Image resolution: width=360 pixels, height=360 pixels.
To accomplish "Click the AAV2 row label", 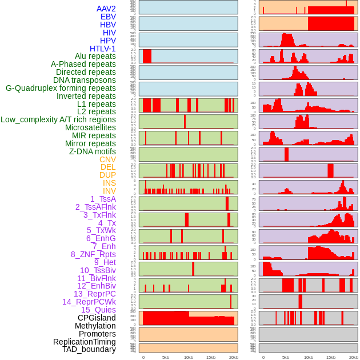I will [106, 9].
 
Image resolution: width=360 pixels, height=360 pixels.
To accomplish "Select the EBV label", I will [108, 17].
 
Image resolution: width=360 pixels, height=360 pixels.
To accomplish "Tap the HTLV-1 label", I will [103, 49].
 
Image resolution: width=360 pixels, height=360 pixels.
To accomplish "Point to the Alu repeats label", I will [95, 57].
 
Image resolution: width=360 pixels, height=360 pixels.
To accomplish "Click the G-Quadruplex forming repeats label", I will [61, 88].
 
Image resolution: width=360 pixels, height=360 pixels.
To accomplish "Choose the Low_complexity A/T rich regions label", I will [58, 119].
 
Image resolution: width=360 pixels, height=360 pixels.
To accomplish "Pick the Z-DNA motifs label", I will [93, 151].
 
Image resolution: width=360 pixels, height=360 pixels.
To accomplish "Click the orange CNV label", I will [107, 159].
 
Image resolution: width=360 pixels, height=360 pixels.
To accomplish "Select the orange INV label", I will [109, 191].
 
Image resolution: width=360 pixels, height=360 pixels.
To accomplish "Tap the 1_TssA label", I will [103, 199].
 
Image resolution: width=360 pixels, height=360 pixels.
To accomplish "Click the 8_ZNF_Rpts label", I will [93, 254].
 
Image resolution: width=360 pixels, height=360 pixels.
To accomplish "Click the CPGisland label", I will [97, 318].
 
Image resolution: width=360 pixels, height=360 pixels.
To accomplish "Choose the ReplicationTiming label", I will [84, 342].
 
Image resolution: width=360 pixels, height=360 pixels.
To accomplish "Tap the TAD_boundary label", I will [89, 349].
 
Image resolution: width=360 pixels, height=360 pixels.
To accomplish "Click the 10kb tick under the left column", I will [188, 357].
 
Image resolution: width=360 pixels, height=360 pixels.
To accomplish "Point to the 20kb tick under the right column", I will [354, 357].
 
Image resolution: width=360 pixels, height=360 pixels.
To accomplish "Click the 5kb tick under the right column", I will [286, 357].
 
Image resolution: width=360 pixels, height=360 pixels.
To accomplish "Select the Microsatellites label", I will [90, 127].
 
